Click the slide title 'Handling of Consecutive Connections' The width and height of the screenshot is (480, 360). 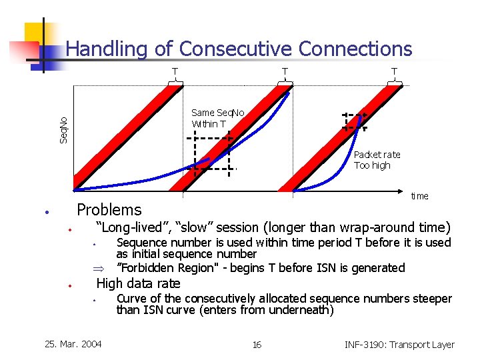(239, 49)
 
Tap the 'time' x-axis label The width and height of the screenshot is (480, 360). (419, 196)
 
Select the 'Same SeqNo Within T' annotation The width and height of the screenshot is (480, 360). (217, 119)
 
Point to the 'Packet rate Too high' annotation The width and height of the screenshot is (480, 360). (377, 160)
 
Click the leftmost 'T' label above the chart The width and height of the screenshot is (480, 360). (175, 71)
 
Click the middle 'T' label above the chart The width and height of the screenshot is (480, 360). (285, 71)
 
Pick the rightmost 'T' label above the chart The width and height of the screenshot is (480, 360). (394, 71)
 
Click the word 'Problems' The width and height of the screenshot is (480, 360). (109, 210)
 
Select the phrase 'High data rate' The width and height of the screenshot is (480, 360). (138, 284)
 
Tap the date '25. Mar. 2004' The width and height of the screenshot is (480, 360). (73, 344)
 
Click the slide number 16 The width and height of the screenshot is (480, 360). (257, 345)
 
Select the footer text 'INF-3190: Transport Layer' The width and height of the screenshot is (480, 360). (399, 345)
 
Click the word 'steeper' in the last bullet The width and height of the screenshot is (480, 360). (431, 299)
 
